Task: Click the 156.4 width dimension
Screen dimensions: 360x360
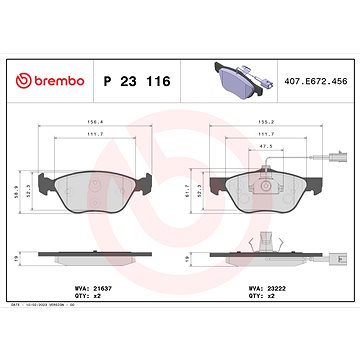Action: point(93,126)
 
